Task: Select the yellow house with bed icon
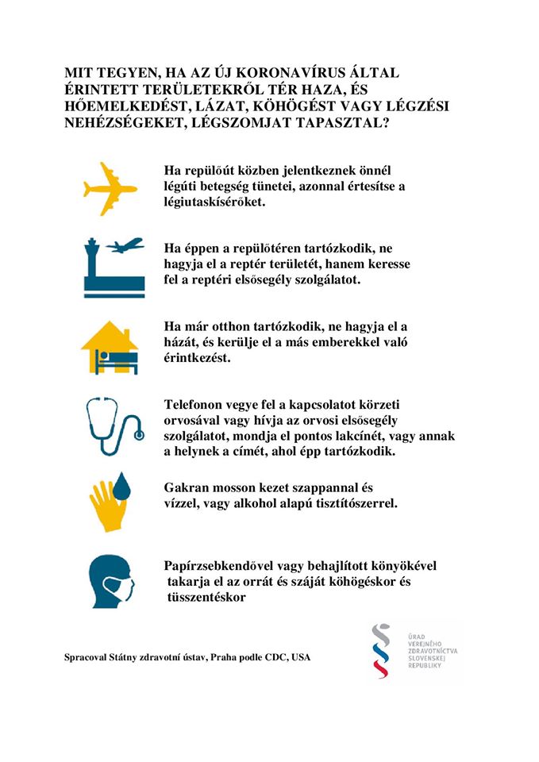(110, 348)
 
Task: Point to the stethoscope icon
(113, 425)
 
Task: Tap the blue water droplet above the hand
(121, 487)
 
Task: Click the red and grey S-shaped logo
(382, 649)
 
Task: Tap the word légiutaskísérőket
(213, 202)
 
